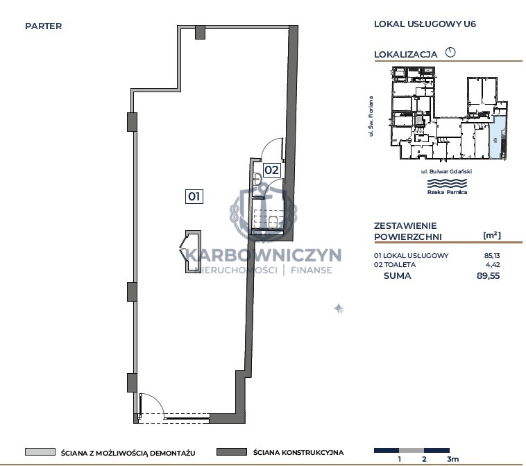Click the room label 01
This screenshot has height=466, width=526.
pyautogui.click(x=194, y=196)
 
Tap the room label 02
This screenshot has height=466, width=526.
pyautogui.click(x=272, y=170)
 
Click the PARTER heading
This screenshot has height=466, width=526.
pyautogui.click(x=43, y=26)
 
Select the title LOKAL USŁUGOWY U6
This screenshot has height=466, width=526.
pyautogui.click(x=425, y=24)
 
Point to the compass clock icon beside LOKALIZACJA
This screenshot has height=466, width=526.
pyautogui.click(x=450, y=52)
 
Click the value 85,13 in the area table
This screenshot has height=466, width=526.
pyautogui.click(x=492, y=255)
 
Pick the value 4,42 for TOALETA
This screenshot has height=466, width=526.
pyautogui.click(x=493, y=264)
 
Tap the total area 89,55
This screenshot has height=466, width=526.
pyautogui.click(x=488, y=275)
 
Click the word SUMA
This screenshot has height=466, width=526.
pyautogui.click(x=397, y=275)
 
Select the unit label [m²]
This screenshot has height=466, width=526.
pyautogui.click(x=492, y=235)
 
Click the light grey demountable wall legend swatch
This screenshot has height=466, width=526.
pyautogui.click(x=40, y=452)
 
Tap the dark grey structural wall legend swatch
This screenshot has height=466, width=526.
pyautogui.click(x=232, y=452)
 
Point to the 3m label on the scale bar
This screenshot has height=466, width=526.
pyautogui.click(x=452, y=459)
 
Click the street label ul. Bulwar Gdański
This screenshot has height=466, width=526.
pyautogui.click(x=446, y=171)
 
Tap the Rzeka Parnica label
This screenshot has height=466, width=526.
pyautogui.click(x=447, y=192)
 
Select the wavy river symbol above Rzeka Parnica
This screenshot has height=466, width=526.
pyautogui.click(x=447, y=183)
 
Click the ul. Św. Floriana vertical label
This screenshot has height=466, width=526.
pyautogui.click(x=371, y=116)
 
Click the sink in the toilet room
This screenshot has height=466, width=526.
pyautogui.click(x=257, y=179)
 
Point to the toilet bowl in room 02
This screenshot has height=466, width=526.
pyautogui.click(x=273, y=222)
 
